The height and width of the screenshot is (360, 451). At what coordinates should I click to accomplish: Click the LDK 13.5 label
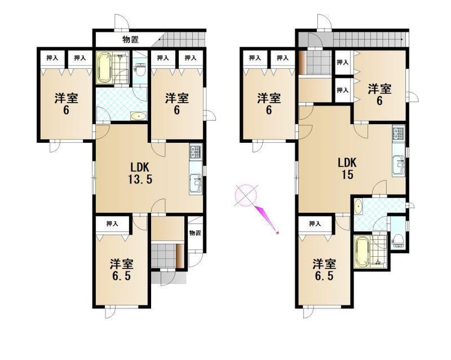coord(140,173)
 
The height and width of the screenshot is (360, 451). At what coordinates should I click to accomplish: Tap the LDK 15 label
coord(347,169)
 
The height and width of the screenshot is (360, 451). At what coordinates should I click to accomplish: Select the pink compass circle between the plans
coord(246,195)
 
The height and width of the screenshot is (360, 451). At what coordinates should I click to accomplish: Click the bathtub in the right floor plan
coord(362,253)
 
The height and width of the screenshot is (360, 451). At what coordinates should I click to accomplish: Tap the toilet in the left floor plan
coord(140,69)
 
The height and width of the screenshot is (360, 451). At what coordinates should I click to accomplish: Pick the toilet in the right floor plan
coord(398,239)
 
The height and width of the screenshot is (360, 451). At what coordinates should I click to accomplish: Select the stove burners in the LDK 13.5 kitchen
coord(196,152)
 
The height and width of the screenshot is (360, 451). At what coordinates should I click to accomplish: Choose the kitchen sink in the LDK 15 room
coord(398,165)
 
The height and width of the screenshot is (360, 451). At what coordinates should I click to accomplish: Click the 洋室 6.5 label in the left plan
coord(121,269)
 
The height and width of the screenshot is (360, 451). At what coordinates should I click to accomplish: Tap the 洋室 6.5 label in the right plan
coord(324,269)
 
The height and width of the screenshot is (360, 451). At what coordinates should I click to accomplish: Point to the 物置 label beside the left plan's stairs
coord(131,40)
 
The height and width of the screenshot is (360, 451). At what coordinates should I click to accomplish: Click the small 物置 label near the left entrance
coord(195,233)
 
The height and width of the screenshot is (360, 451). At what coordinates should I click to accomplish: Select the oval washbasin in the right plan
coord(358,207)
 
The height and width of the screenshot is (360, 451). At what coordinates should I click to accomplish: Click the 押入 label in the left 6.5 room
coord(112,223)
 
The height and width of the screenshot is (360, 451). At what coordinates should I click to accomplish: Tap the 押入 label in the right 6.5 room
coord(315,223)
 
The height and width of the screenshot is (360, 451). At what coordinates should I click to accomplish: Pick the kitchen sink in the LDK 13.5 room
coord(196,184)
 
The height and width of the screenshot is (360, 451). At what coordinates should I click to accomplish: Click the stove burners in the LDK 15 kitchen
coord(398,133)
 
